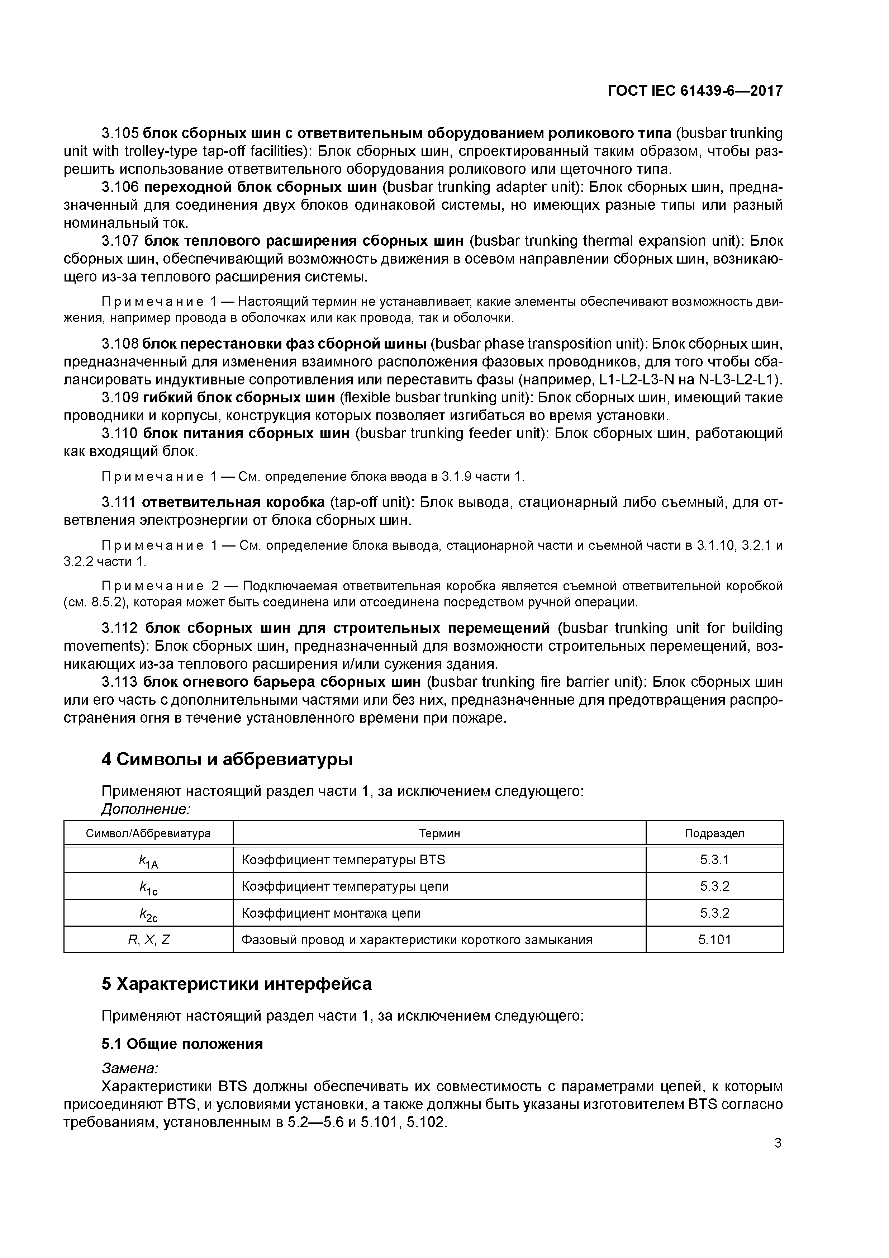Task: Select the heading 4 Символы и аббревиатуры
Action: click(x=227, y=760)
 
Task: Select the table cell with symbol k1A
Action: click(x=148, y=861)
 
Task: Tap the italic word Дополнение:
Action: click(x=146, y=809)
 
